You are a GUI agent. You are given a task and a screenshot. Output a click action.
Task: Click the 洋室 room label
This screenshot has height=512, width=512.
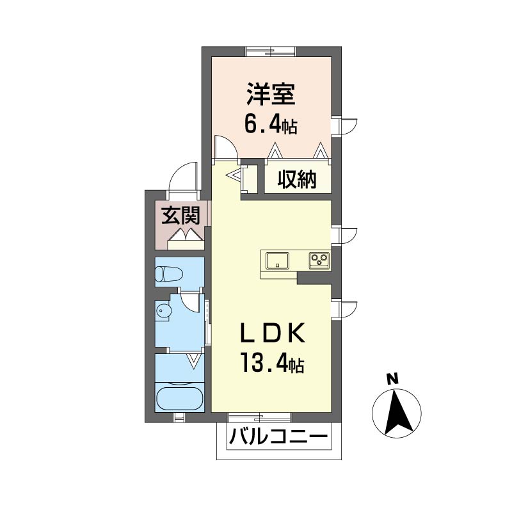pyautogui.click(x=271, y=94)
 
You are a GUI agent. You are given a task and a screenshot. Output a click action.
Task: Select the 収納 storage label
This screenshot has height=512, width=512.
pyautogui.click(x=297, y=180)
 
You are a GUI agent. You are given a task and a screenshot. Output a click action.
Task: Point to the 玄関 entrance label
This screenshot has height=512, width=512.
pyautogui.click(x=180, y=216)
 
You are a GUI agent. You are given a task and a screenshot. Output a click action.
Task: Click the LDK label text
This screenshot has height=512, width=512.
pyautogui.click(x=273, y=333)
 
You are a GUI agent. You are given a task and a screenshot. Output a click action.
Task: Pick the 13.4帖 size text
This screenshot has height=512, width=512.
pyautogui.click(x=273, y=364)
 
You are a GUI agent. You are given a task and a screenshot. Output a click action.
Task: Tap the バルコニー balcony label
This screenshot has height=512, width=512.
pyautogui.click(x=278, y=437)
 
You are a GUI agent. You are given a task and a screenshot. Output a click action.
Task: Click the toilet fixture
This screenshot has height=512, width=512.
pyautogui.click(x=168, y=274)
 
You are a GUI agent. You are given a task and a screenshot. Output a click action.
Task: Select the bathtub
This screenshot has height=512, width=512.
pyautogui.click(x=179, y=399)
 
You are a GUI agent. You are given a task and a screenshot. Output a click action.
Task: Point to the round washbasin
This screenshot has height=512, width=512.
pyautogui.click(x=163, y=310)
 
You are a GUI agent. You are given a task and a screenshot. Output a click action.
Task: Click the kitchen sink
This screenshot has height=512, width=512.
pyautogui.click(x=277, y=261)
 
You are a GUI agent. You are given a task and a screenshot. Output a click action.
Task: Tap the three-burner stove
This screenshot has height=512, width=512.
pyautogui.click(x=319, y=261)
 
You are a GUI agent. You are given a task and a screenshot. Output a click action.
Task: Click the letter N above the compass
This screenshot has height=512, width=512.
pyautogui.click(x=392, y=380)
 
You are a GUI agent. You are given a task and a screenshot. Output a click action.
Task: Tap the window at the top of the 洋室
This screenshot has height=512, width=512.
pyautogui.click(x=271, y=52)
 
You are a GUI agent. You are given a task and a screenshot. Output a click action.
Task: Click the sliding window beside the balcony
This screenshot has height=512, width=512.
pyautogui.click(x=259, y=417)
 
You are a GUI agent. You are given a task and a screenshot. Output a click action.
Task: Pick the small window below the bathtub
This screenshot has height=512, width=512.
pyautogui.click(x=179, y=418)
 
